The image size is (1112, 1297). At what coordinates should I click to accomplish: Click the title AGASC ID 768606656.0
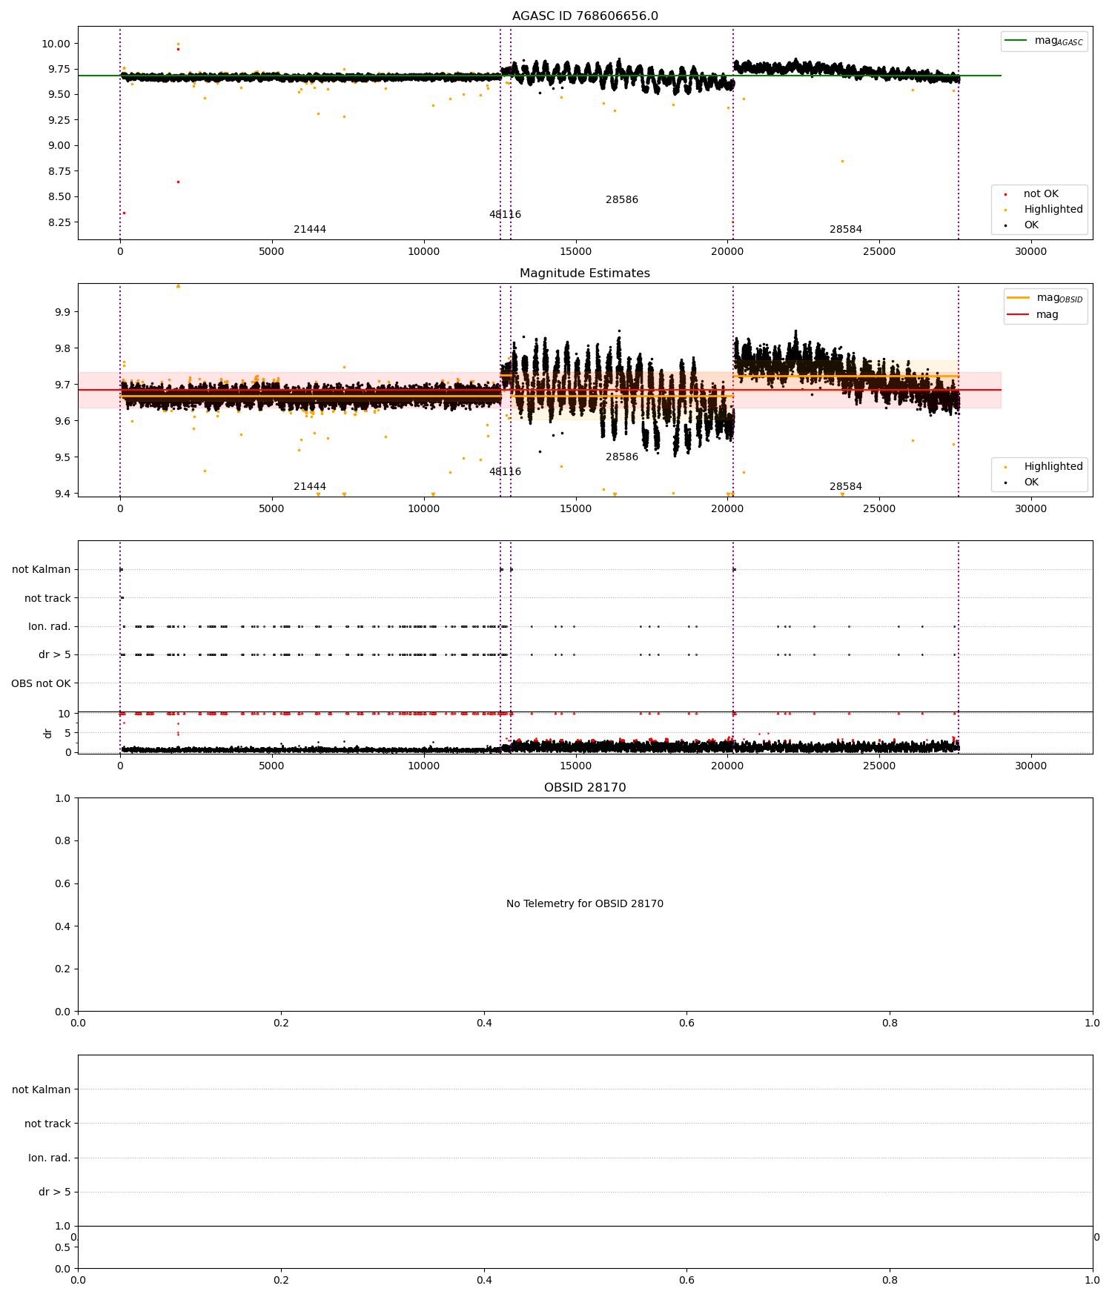(584, 16)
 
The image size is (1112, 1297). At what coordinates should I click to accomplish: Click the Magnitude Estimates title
(584, 273)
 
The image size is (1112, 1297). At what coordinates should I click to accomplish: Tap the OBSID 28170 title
(584, 788)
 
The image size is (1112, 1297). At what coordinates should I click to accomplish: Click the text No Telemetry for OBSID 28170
(584, 904)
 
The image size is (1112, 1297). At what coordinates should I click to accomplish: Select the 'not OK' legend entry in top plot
(1040, 194)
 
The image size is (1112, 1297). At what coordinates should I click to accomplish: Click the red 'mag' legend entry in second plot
(1047, 314)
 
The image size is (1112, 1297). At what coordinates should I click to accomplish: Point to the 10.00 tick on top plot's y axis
(56, 44)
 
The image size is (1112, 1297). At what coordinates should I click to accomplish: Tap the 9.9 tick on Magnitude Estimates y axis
(62, 312)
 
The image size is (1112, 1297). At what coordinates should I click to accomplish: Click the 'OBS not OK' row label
(41, 683)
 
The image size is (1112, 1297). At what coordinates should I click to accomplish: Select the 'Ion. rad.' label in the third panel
(49, 627)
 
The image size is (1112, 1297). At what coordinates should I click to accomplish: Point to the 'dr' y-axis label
(48, 733)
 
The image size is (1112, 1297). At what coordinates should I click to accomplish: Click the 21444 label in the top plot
(310, 230)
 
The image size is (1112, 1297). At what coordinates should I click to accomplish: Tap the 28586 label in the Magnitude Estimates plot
(621, 457)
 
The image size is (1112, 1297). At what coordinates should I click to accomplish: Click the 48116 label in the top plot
(505, 215)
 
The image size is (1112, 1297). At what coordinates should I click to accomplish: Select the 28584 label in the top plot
(845, 230)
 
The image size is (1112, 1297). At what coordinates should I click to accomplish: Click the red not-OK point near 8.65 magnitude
(178, 182)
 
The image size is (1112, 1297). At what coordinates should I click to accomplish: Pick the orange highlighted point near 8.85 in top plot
(842, 161)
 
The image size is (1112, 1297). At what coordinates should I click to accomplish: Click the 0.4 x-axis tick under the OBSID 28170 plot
(484, 1023)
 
